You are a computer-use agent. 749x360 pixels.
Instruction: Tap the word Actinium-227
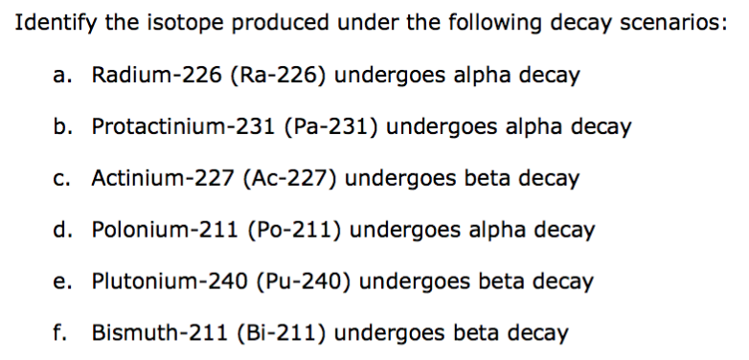154,179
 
